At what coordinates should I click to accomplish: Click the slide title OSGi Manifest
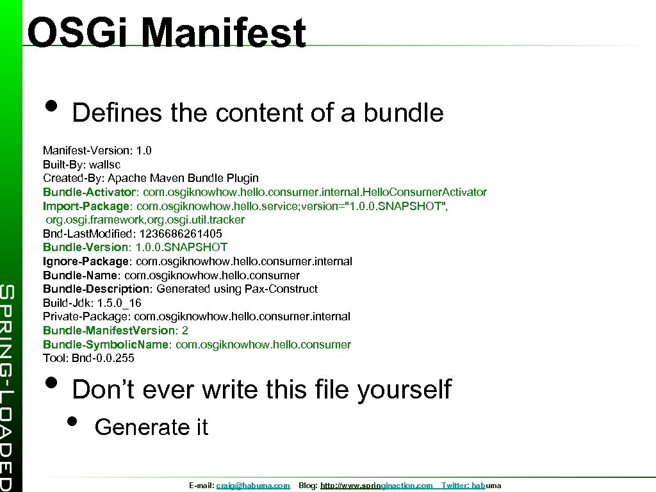[167, 33]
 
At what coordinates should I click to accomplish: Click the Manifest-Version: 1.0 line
[97, 151]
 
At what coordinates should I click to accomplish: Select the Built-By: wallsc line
[81, 164]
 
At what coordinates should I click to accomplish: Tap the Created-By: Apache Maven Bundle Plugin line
[151, 178]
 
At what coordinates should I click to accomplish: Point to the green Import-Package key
[86, 206]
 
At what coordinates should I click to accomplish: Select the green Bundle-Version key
[85, 247]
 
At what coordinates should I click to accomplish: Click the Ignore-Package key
[86, 261]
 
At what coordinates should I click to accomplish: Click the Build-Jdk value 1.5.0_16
[119, 303]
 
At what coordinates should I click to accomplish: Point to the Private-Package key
[86, 316]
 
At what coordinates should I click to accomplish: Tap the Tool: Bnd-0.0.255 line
[88, 358]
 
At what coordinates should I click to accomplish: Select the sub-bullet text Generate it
[151, 427]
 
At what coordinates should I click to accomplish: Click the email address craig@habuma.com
[253, 486]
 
